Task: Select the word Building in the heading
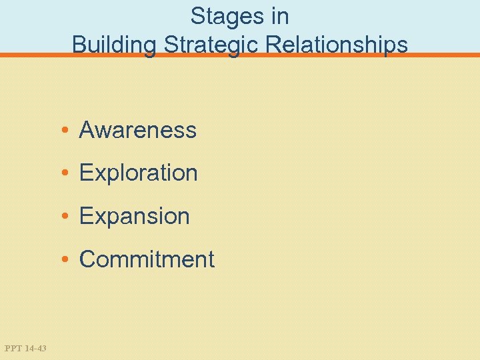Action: (x=114, y=45)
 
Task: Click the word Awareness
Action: (x=138, y=130)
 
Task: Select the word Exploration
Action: (x=139, y=173)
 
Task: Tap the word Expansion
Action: (x=135, y=217)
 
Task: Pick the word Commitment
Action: (x=147, y=259)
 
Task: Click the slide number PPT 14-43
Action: (x=25, y=348)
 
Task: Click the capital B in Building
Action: (x=79, y=45)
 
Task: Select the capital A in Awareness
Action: (x=87, y=130)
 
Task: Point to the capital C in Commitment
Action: (x=87, y=259)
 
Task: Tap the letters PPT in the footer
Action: (x=13, y=348)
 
